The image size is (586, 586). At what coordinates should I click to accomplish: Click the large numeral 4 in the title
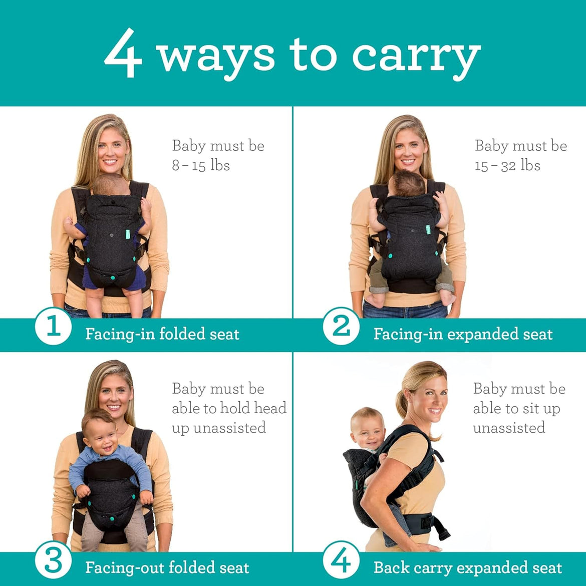(x=123, y=54)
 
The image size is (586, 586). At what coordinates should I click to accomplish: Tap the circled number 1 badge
(x=53, y=327)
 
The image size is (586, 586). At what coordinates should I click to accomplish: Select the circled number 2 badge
(x=341, y=327)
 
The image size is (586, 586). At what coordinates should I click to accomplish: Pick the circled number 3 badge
(x=53, y=560)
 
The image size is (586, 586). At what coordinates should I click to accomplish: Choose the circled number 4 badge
(x=341, y=560)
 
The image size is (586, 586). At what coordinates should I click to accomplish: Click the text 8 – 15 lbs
(x=201, y=166)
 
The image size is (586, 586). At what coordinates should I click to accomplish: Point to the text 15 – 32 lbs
(x=507, y=166)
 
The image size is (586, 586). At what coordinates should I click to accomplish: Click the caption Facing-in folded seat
(x=162, y=334)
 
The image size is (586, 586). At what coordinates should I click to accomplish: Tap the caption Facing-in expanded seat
(x=463, y=334)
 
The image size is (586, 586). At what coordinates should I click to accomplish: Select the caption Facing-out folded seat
(x=167, y=567)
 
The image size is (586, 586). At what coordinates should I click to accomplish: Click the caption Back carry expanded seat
(x=467, y=567)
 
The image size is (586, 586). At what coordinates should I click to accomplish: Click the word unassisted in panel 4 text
(x=509, y=428)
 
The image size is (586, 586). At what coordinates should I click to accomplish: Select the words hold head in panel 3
(x=253, y=408)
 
